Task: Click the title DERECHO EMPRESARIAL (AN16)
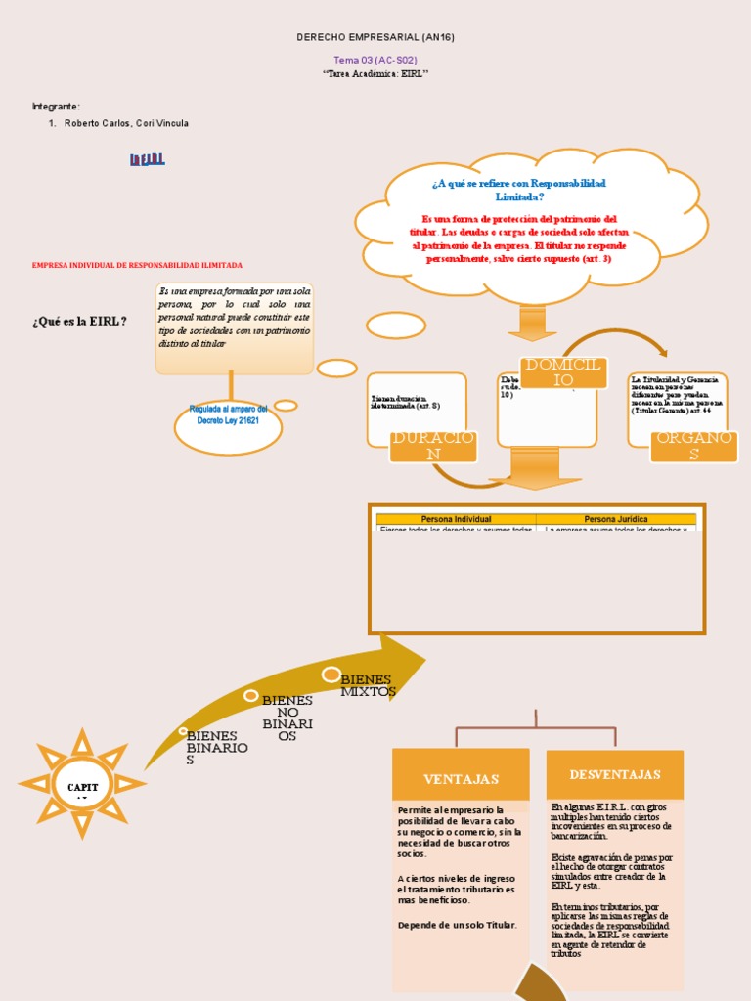pos(375,37)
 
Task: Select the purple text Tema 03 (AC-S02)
pos(375,60)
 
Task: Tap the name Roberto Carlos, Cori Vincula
pos(126,123)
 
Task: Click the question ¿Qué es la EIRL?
pos(79,321)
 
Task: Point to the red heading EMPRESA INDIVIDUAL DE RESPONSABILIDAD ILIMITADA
pos(137,265)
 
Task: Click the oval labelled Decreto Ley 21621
pos(228,414)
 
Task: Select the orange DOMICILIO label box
pos(565,372)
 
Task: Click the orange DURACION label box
pos(432,446)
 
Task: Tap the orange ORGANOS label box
pos(693,446)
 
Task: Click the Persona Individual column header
pos(456,519)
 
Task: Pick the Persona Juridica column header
pos(616,519)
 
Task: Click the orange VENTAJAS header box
pos(461,779)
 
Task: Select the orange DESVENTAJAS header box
pos(615,774)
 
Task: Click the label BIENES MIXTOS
pos(367,685)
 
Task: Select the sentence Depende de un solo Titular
pos(458,924)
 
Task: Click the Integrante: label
pos(56,106)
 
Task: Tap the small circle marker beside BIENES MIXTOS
pos(331,675)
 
